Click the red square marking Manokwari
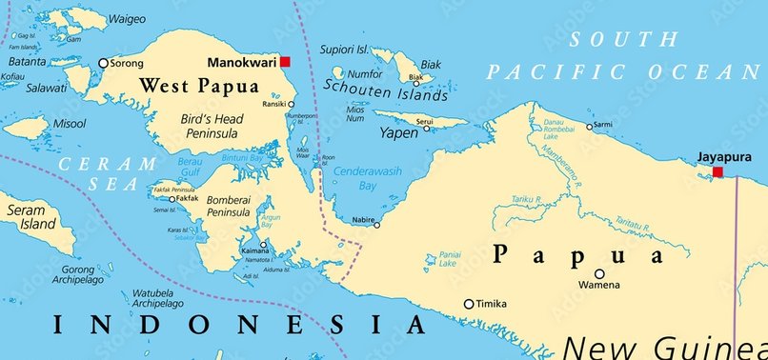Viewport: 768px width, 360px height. [x=284, y=62]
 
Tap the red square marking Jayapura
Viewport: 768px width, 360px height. [x=718, y=172]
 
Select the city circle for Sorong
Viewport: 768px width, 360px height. [x=103, y=64]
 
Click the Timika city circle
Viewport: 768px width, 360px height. [x=468, y=305]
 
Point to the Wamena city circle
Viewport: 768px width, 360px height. [x=599, y=273]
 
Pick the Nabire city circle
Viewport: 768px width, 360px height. [x=376, y=225]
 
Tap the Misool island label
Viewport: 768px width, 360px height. [x=70, y=124]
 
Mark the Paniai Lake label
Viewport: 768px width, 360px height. [x=451, y=260]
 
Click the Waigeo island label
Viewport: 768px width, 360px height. [x=126, y=18]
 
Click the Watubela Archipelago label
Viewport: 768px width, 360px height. [x=158, y=298]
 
